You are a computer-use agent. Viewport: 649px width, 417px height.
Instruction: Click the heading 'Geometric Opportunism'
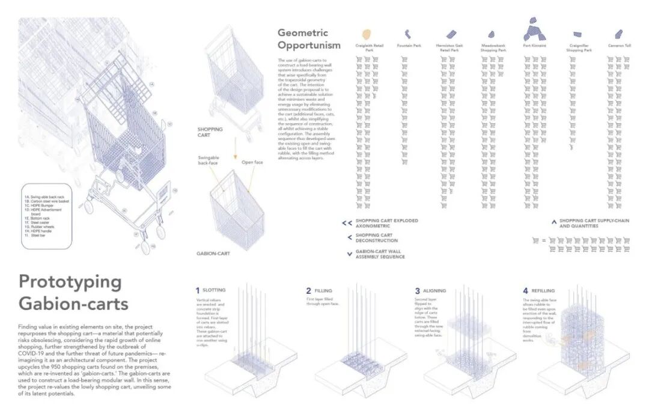point(309,39)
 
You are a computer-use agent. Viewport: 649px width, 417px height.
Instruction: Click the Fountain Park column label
point(409,46)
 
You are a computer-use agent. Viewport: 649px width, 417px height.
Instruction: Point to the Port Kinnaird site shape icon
point(534,29)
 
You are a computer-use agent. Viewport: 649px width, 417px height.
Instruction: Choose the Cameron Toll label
point(618,46)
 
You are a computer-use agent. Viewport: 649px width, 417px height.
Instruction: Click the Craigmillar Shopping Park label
point(579,48)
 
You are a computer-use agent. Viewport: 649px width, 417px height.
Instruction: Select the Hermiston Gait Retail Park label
point(450,48)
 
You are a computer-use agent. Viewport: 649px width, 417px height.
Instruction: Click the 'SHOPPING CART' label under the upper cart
point(210,132)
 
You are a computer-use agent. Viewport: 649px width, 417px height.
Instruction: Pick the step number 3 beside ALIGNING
point(417,291)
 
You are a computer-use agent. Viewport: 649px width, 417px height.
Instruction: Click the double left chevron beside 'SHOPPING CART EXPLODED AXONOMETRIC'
point(346,223)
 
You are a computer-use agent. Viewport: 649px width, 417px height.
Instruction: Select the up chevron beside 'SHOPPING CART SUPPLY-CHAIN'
point(553,222)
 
